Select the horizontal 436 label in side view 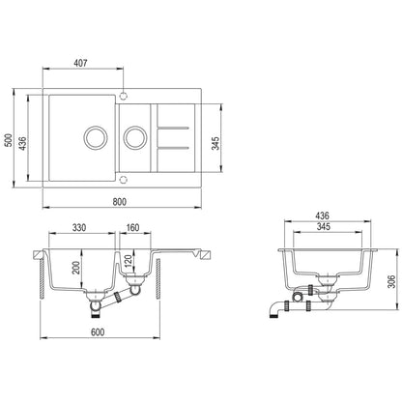[x=322, y=217]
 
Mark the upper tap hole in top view [x=123, y=94]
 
